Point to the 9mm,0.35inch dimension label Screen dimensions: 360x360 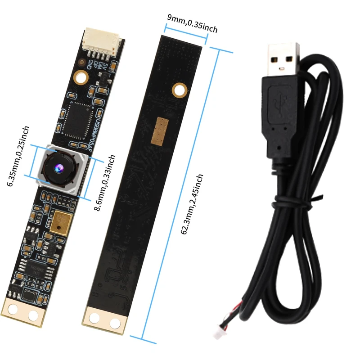[192, 24]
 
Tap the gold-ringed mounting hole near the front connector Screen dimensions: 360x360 [81, 77]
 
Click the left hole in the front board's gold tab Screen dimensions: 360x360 [13, 309]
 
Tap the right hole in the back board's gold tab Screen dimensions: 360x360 [115, 322]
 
